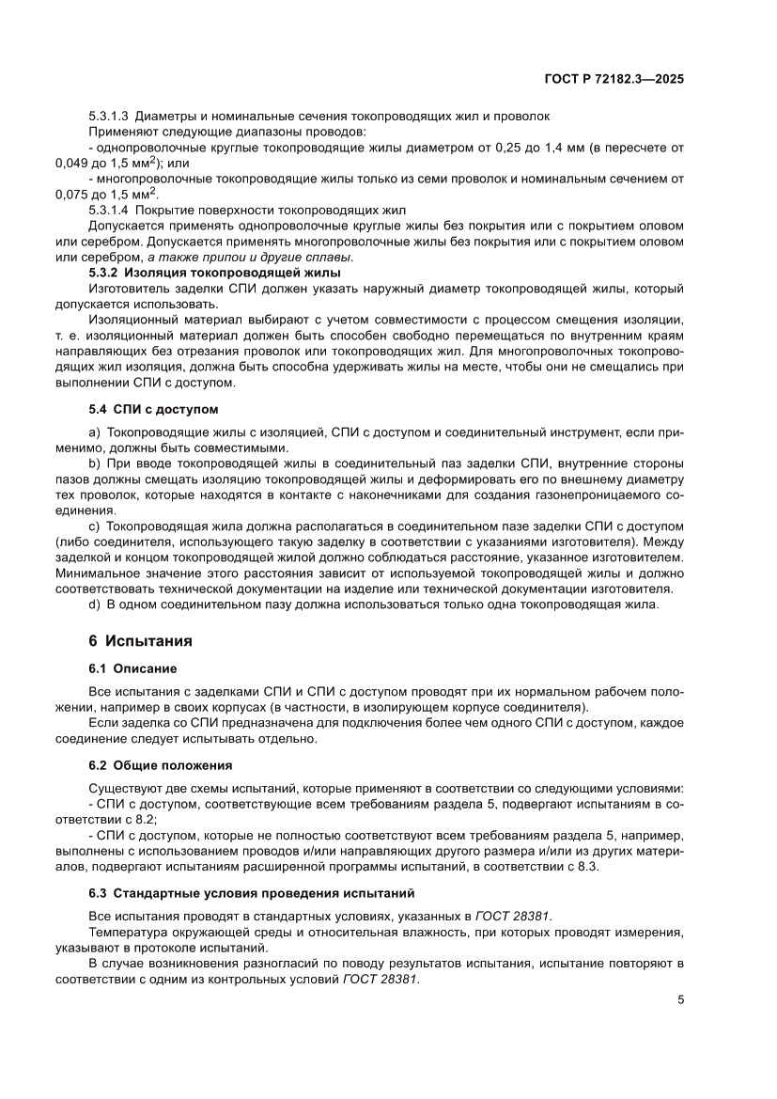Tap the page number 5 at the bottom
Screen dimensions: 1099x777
pyautogui.click(x=680, y=999)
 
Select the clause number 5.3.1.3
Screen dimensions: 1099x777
pyautogui.click(x=108, y=116)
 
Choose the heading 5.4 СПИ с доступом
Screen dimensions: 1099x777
pyautogui.click(x=152, y=410)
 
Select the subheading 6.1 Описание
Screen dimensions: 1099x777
pyautogui.click(x=132, y=669)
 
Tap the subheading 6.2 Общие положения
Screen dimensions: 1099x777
pyautogui.click(x=160, y=765)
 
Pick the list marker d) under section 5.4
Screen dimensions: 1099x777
pyautogui.click(x=94, y=604)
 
